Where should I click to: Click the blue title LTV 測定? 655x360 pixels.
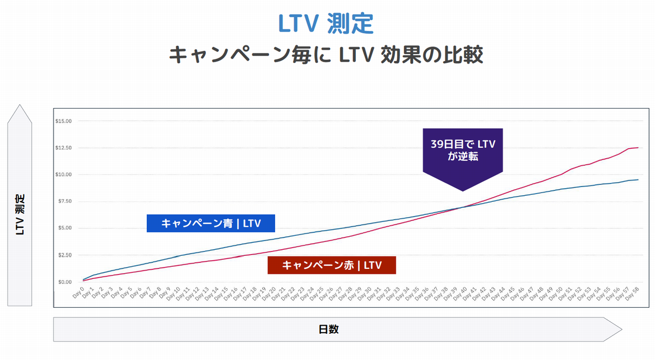click(325, 23)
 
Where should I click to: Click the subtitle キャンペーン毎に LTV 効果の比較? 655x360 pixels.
click(326, 55)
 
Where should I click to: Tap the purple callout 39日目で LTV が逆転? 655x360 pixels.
click(463, 149)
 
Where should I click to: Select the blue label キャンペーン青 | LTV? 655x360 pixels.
click(211, 223)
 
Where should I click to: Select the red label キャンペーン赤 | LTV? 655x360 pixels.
click(331, 265)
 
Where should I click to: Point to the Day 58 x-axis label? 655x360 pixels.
click(632, 295)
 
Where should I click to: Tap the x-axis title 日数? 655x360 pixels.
click(329, 329)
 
